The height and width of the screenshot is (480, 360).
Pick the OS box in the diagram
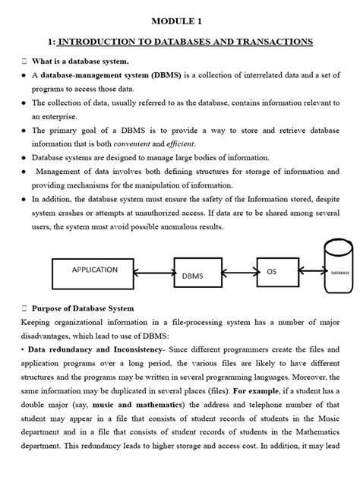pos(271,271)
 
